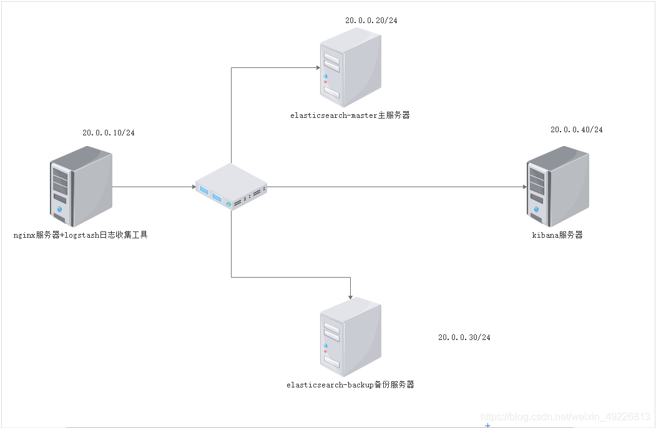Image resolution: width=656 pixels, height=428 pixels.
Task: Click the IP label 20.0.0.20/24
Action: (371, 21)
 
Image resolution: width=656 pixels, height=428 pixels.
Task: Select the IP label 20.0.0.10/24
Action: (109, 133)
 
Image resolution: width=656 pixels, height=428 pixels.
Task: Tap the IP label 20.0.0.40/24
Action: (576, 130)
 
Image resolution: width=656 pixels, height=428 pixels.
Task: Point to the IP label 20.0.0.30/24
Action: (464, 338)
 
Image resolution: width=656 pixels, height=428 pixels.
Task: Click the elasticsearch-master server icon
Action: (350, 68)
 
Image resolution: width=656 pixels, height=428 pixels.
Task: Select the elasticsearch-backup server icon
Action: (350, 336)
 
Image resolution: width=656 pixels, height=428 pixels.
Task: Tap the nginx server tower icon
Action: (81, 186)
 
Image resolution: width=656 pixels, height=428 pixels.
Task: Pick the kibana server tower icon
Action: (557, 186)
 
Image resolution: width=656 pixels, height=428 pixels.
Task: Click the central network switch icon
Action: (231, 187)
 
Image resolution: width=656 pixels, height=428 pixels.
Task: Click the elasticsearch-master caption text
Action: (350, 115)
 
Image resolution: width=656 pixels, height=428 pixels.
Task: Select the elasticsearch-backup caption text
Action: (350, 385)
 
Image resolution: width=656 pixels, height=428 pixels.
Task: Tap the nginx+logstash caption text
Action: (81, 235)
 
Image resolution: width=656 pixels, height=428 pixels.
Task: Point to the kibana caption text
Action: (557, 235)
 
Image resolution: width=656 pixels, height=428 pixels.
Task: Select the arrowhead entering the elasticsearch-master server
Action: (315, 67)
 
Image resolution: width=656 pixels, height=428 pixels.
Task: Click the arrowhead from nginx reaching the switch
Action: (193, 187)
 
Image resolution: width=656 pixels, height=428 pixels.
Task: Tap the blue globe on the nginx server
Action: (60, 209)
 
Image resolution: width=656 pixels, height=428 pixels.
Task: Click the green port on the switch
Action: (229, 204)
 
